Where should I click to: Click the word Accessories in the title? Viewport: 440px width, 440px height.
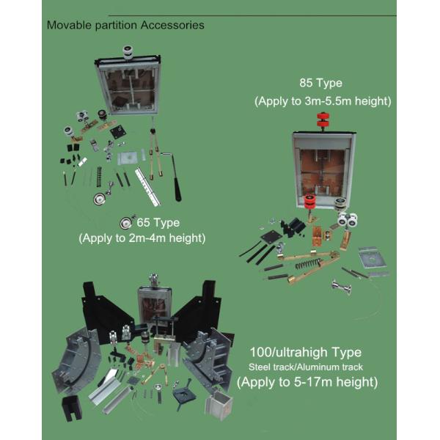(172, 25)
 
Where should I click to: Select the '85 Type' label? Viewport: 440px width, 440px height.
(320, 84)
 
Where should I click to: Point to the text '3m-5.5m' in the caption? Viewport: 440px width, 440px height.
(328, 101)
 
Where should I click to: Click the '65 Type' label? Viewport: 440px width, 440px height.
(158, 223)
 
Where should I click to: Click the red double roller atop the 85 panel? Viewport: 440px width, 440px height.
(323, 120)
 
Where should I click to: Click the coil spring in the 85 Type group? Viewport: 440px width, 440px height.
(307, 264)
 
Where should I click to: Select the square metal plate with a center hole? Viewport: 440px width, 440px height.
(372, 257)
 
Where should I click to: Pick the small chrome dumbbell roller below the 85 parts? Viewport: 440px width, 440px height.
(341, 287)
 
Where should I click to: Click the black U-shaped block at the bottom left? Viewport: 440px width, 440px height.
(72, 408)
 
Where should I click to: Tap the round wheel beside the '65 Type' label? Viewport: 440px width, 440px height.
(125, 223)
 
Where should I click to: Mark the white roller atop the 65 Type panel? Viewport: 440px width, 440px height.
(128, 53)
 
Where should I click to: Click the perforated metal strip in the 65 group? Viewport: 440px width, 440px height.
(147, 186)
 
